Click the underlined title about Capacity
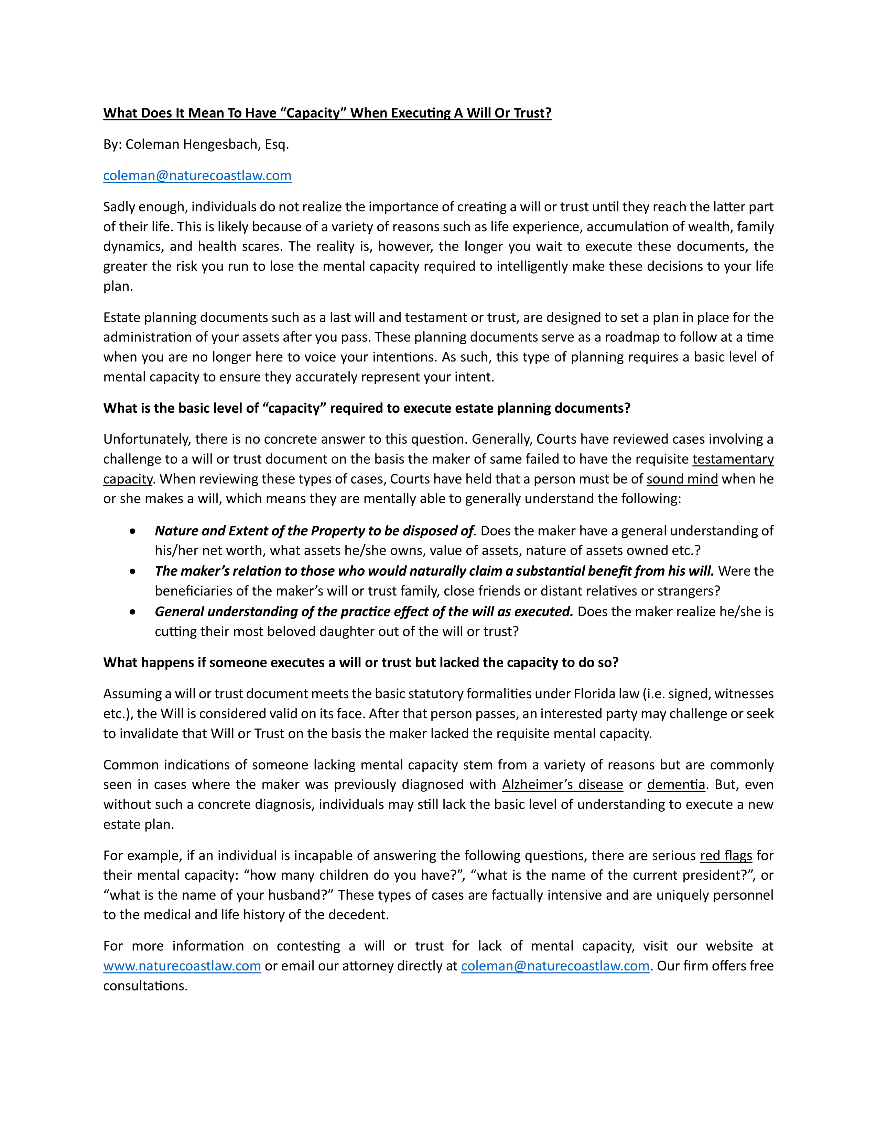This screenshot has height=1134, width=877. tap(327, 113)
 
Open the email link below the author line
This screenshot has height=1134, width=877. tap(197, 176)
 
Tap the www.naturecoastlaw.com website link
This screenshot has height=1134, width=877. tap(182, 966)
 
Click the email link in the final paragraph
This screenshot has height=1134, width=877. tap(555, 966)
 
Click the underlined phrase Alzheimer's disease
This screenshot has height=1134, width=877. tap(562, 785)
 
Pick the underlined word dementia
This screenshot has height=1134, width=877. tap(676, 785)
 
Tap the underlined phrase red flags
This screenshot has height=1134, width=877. tap(726, 856)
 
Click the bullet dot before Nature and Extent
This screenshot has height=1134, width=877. tap(133, 531)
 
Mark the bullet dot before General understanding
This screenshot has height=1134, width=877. tap(133, 612)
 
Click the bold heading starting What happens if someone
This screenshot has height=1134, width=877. tap(360, 663)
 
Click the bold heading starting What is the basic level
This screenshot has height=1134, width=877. tap(366, 408)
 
